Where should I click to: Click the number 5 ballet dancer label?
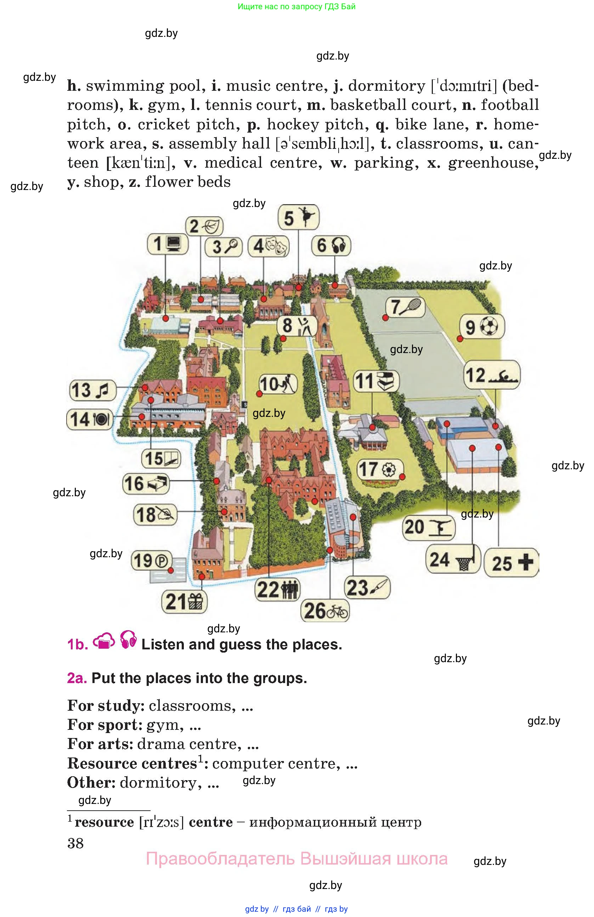click(x=298, y=217)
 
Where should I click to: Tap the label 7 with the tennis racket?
click(x=405, y=307)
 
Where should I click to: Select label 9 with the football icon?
click(x=482, y=327)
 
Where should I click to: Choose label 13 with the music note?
click(x=93, y=390)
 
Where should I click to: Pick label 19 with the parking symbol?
click(x=151, y=561)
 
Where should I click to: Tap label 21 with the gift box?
click(x=185, y=601)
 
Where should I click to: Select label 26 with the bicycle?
click(x=325, y=610)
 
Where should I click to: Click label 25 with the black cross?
click(x=511, y=563)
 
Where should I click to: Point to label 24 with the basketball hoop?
click(x=453, y=559)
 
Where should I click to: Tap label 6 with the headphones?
click(x=331, y=245)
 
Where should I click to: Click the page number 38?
click(x=75, y=843)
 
